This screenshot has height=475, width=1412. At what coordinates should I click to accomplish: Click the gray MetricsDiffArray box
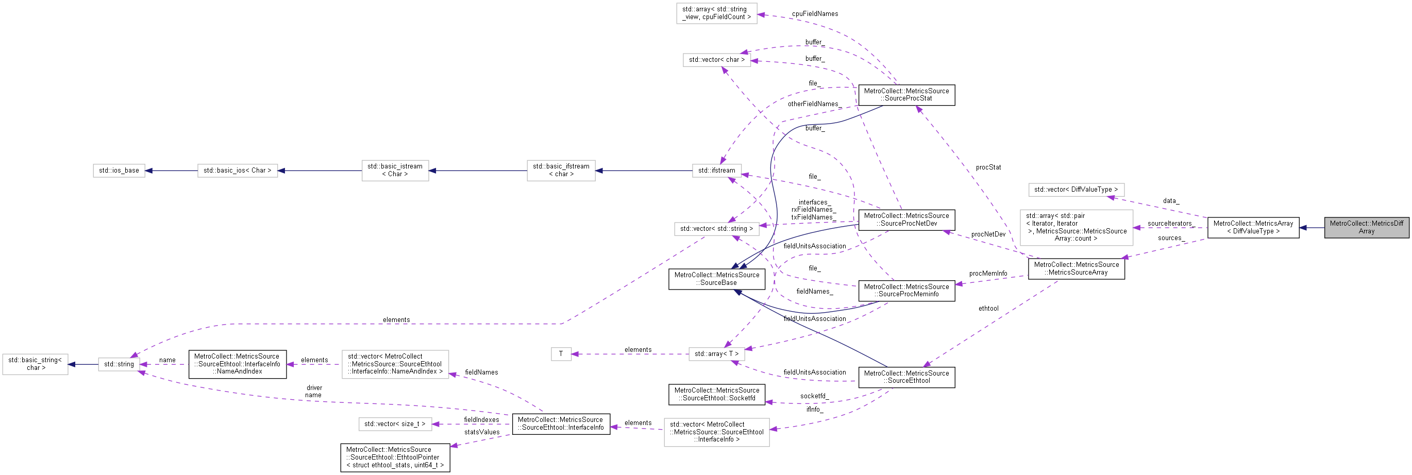1366,227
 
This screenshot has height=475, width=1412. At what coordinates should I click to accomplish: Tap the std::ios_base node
119,171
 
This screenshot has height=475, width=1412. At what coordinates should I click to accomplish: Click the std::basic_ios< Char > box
237,171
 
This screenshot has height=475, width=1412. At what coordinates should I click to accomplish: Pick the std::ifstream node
716,171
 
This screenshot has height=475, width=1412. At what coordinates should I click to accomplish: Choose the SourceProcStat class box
906,95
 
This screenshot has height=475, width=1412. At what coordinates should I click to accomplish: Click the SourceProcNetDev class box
906,219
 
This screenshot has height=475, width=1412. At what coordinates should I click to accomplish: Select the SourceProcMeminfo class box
906,291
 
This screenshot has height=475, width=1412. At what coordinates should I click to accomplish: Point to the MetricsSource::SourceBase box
716,279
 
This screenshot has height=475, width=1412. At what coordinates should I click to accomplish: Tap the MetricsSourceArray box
1076,268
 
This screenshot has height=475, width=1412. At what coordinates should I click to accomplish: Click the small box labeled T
561,354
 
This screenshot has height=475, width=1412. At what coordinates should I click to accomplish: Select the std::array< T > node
716,354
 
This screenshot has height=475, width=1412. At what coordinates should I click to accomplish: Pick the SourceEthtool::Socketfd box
716,395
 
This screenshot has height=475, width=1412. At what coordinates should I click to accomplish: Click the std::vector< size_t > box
395,424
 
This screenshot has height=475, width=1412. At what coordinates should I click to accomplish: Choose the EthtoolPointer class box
395,457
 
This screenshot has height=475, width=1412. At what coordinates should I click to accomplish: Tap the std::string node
119,364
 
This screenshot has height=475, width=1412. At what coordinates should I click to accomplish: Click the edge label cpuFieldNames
815,14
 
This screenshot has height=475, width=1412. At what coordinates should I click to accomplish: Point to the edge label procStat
988,167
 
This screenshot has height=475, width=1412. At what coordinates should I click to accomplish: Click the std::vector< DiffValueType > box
1075,190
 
